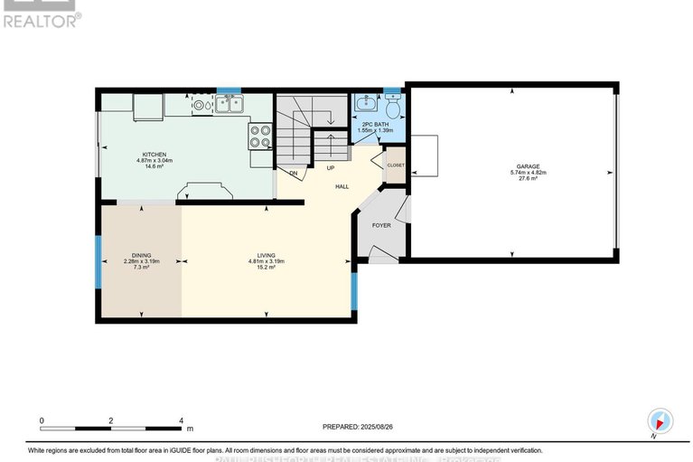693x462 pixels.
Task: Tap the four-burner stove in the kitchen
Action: point(260,136)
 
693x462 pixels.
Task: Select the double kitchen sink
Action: point(229,105)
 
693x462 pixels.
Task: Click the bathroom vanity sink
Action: point(366,104)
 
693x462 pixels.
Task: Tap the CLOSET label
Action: point(396,165)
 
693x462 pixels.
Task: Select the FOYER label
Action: point(381,224)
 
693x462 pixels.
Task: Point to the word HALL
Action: point(342,186)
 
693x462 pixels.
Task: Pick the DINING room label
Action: point(141,256)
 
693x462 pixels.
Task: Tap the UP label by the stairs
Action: point(331,168)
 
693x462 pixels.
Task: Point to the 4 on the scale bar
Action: point(181,421)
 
